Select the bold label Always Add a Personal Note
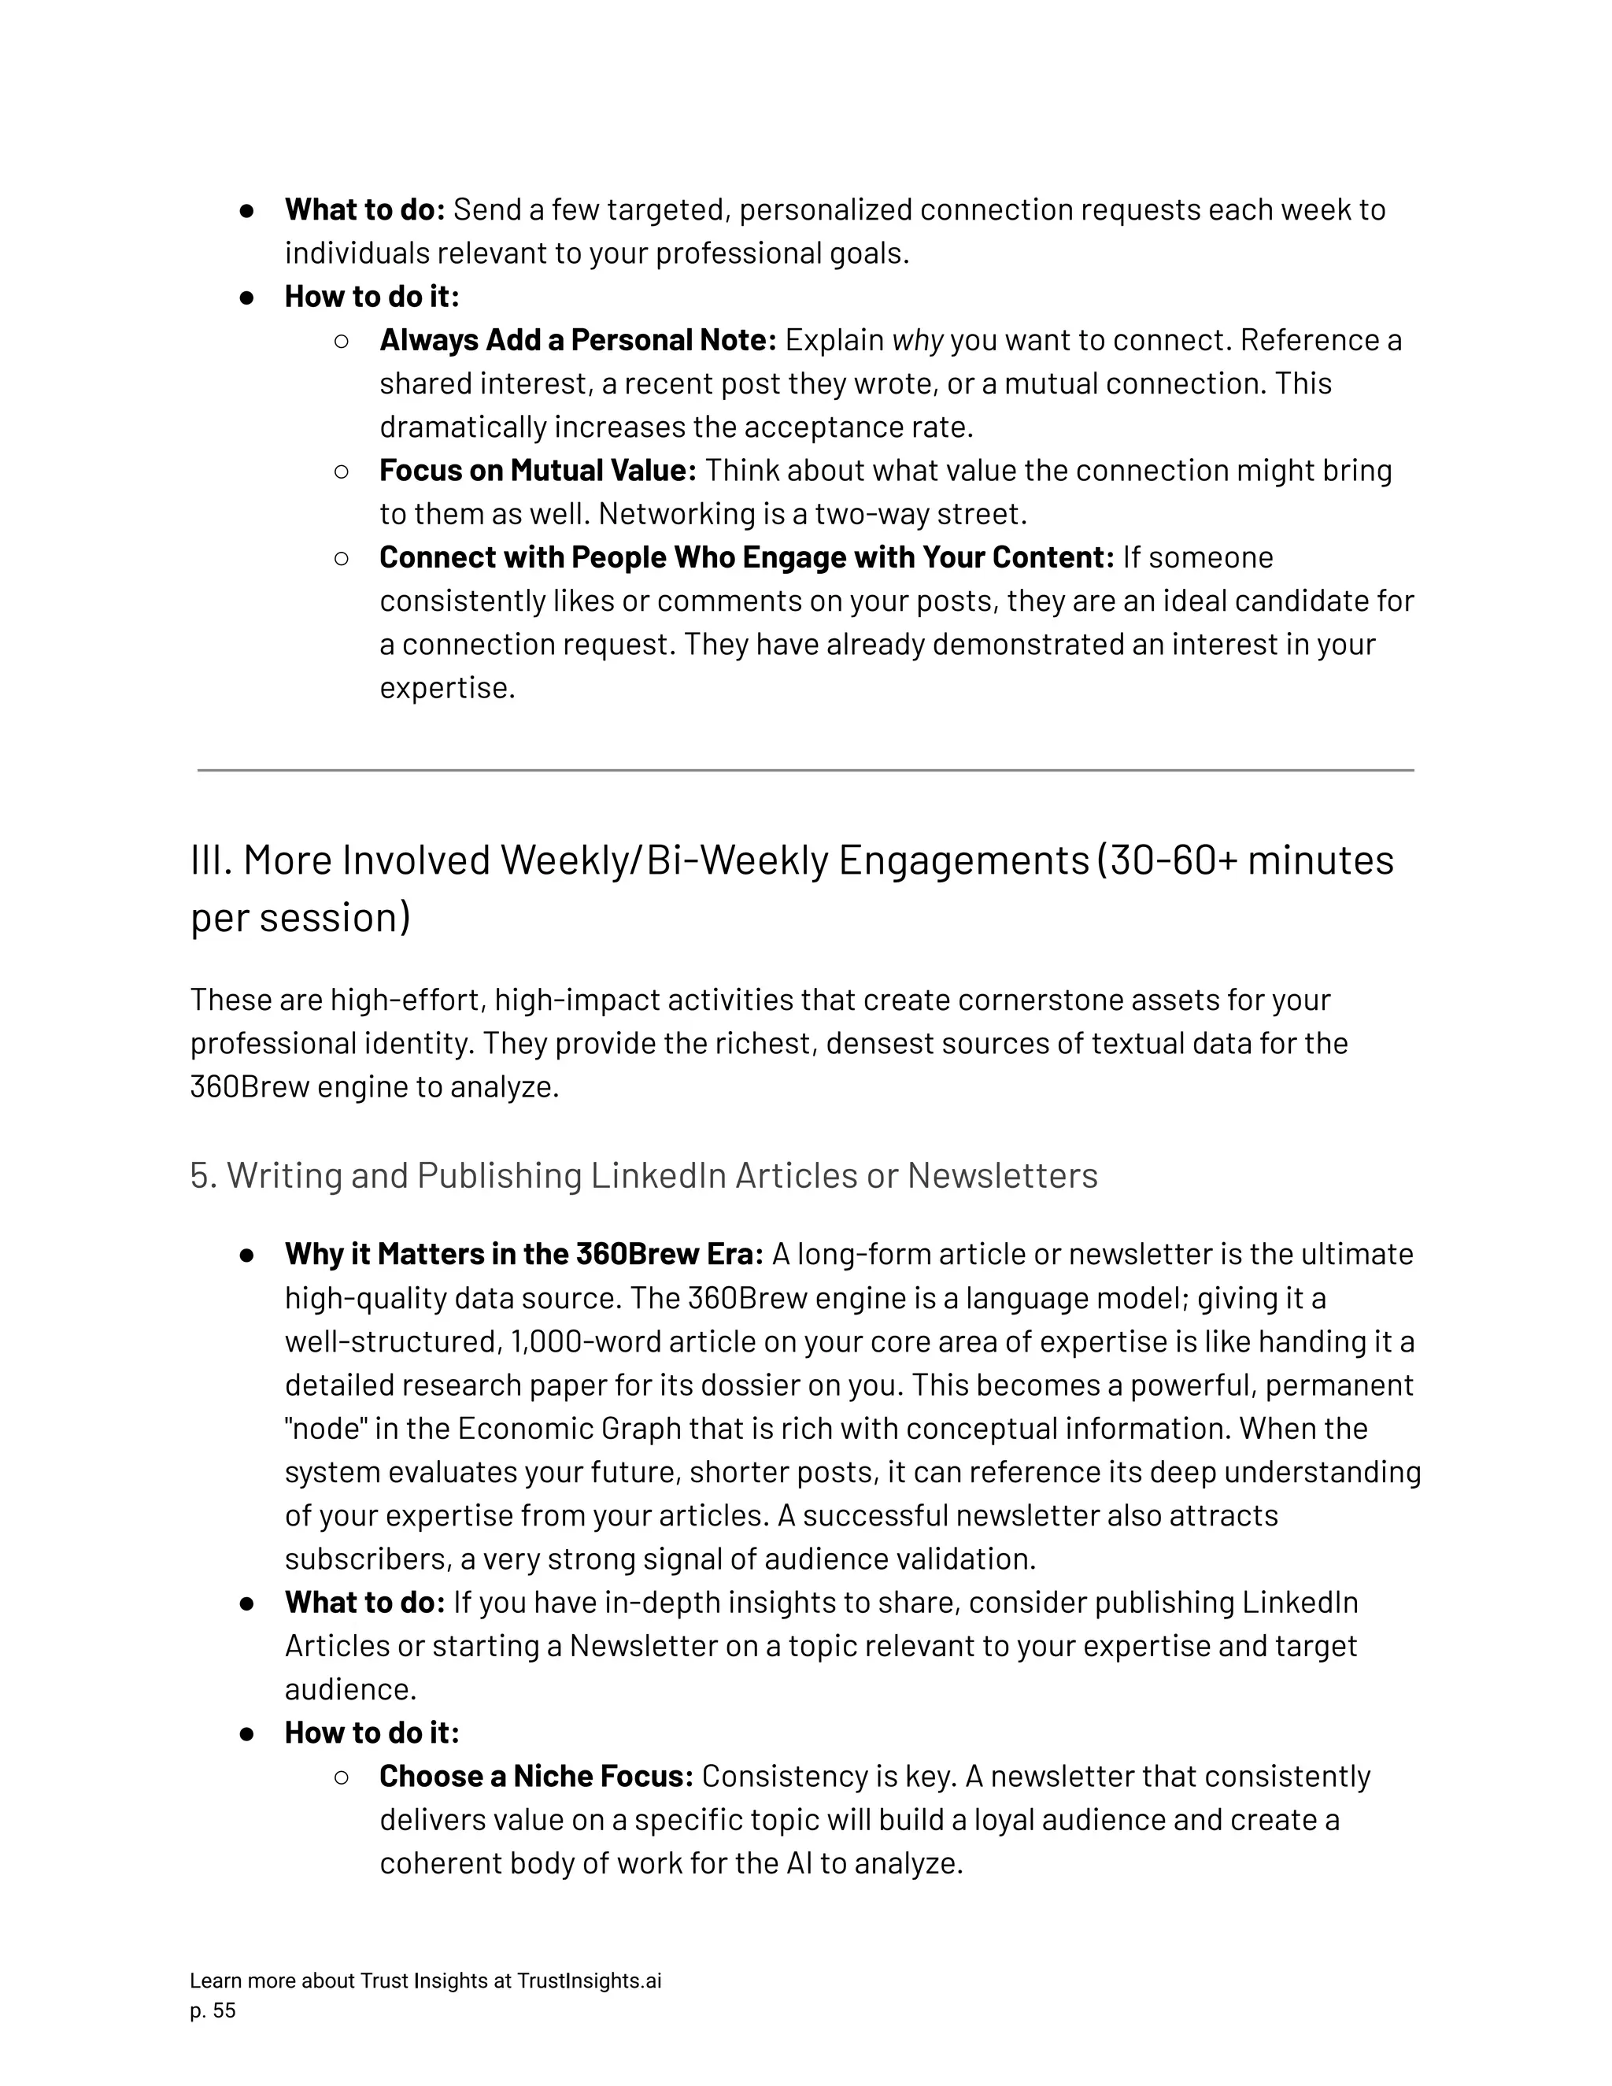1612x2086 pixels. [578, 340]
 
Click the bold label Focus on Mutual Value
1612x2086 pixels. [538, 471]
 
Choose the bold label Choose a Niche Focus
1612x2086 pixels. [536, 1777]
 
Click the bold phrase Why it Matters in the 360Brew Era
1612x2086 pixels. [523, 1254]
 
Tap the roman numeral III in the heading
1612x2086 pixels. [211, 860]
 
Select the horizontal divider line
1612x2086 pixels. [805, 770]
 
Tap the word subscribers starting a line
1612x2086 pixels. [368, 1559]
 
